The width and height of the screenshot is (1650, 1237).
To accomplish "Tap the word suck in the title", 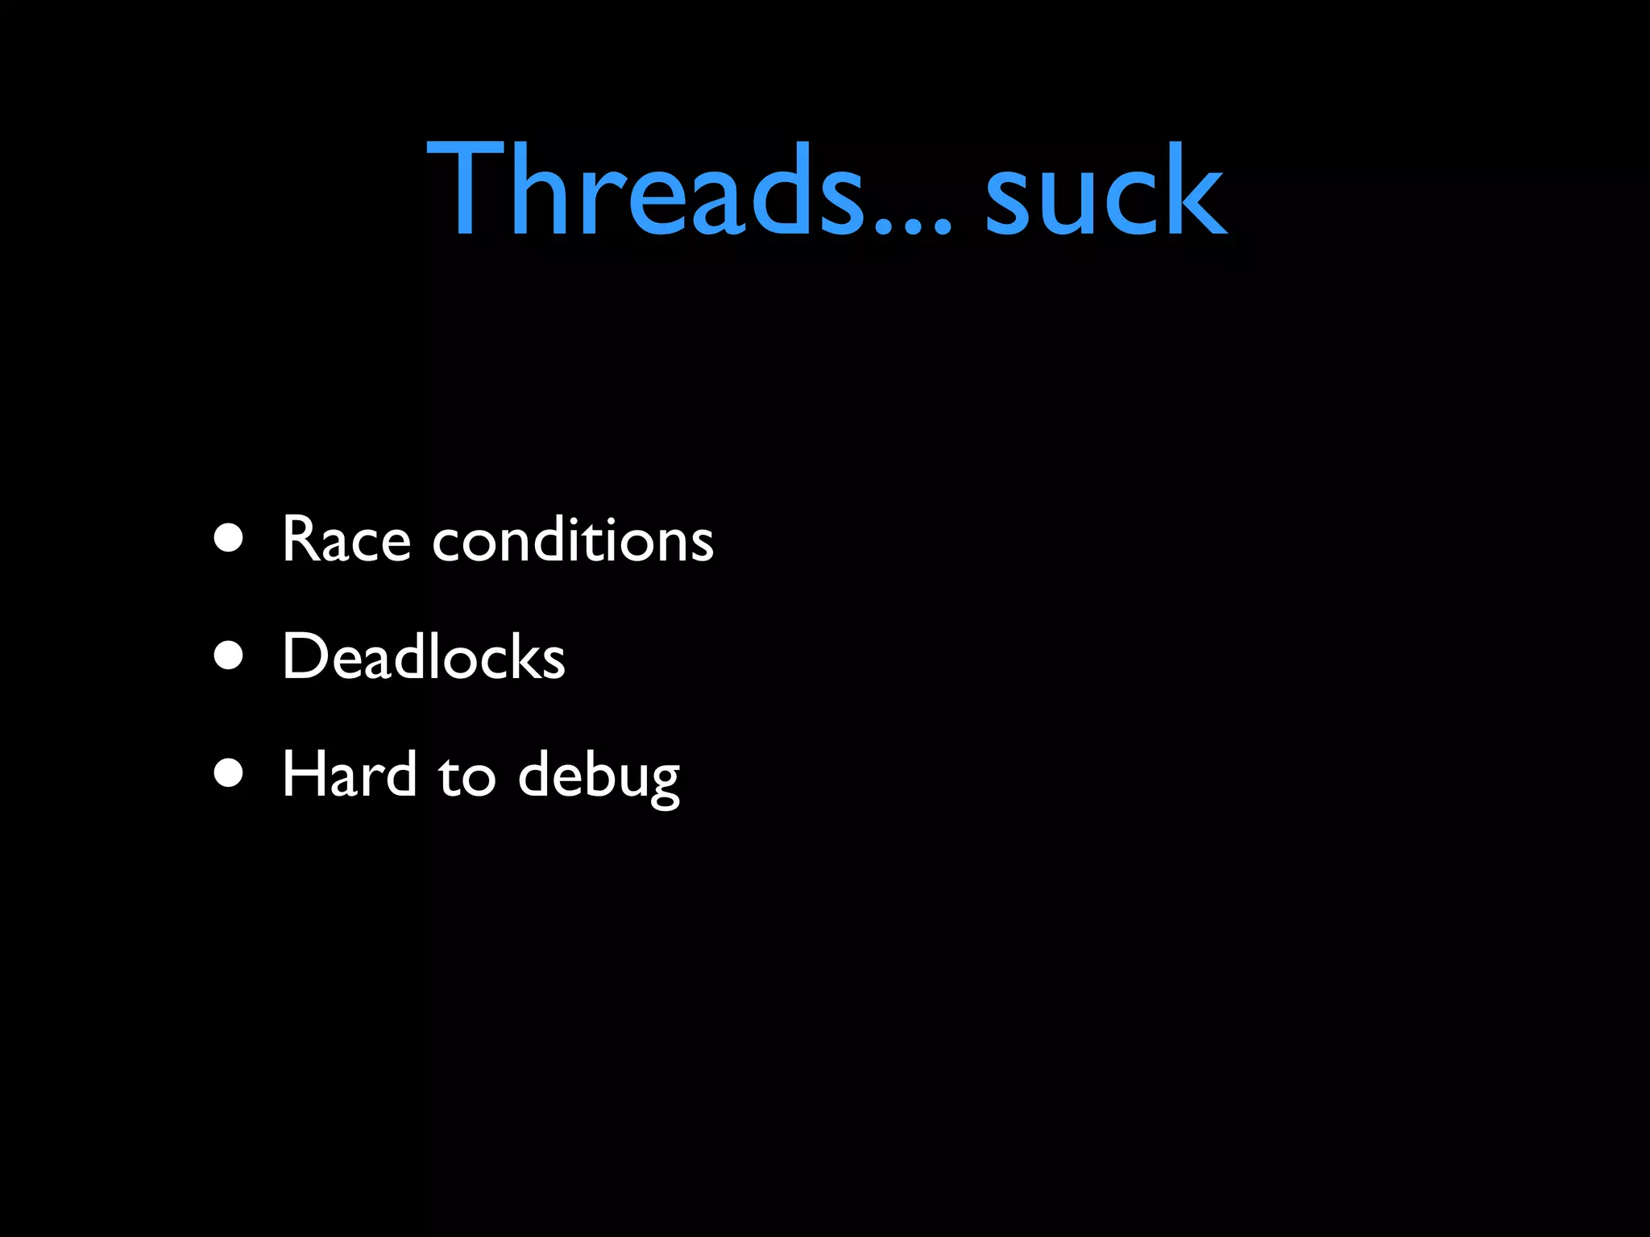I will pyautogui.click(x=1105, y=190).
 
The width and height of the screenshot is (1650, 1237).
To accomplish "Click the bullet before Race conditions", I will pyautogui.click(x=229, y=538).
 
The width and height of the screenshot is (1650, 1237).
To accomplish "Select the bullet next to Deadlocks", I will pyautogui.click(x=229, y=656).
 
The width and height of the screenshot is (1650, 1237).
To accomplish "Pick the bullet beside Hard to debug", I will pyautogui.click(x=229, y=773).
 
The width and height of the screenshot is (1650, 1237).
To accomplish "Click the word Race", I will pyautogui.click(x=346, y=539).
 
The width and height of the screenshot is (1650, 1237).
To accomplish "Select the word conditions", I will pyautogui.click(x=573, y=539).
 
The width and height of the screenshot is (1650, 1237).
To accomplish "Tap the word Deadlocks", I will pyautogui.click(x=424, y=656).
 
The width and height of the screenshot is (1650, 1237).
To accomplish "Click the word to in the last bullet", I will pyautogui.click(x=466, y=776).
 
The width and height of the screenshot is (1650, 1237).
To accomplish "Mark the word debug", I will pyautogui.click(x=599, y=776).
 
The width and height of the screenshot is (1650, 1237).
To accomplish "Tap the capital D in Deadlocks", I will pyautogui.click(x=305, y=656).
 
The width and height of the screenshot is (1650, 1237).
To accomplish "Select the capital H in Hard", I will pyautogui.click(x=305, y=774).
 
